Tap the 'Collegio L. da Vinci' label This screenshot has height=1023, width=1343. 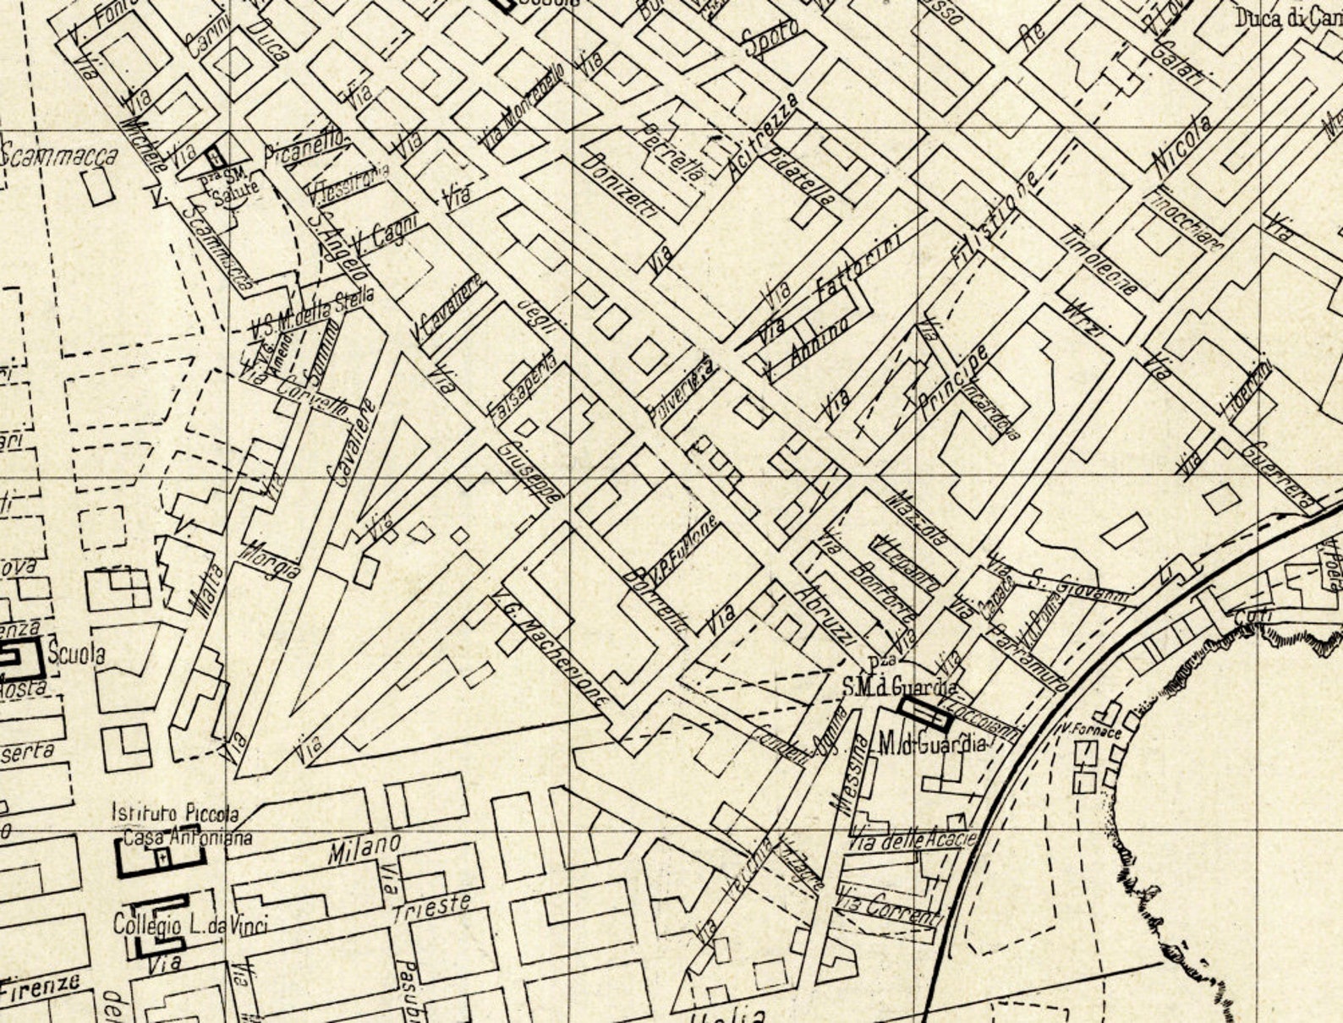(189, 926)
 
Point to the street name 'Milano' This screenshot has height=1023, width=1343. (365, 847)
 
